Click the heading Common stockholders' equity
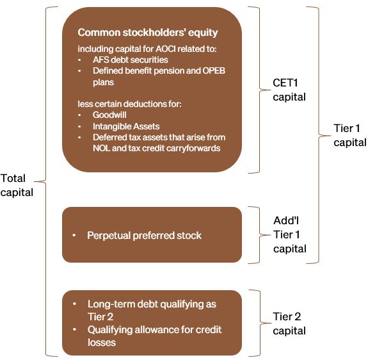pos(148,33)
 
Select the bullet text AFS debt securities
pos(131,60)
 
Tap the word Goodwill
pos(109,115)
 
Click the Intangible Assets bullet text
pos(126,126)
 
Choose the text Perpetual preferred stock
pos(144,235)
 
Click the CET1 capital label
pos(289,90)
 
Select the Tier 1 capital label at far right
pos(350,135)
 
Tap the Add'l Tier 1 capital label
pos(290,234)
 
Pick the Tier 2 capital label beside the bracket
pos(289,323)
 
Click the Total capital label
pos(17,185)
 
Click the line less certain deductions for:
pos(129,104)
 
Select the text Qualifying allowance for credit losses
pos(154,336)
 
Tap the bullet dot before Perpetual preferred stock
pos(74,235)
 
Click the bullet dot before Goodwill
pos(79,115)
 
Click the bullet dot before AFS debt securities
pos(79,60)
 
